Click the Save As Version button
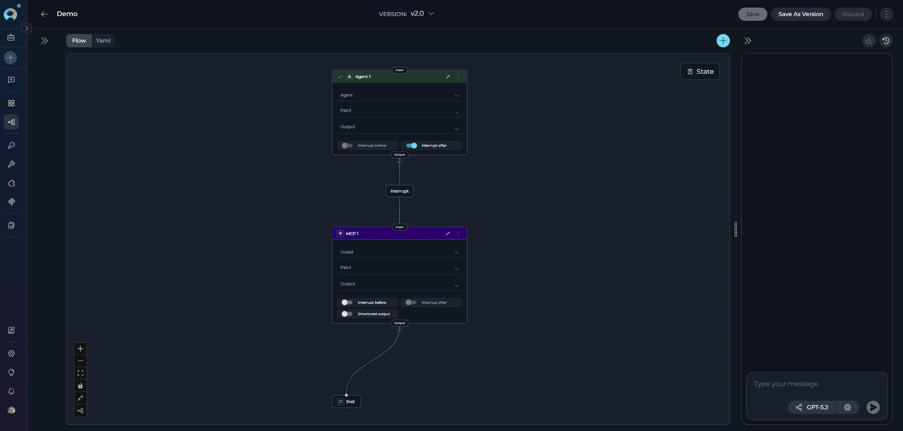(x=800, y=14)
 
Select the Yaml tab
(x=103, y=41)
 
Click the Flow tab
(x=79, y=41)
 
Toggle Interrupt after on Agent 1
(x=412, y=146)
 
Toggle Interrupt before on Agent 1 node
(x=347, y=146)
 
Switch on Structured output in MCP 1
(x=347, y=314)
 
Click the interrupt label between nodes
(x=400, y=191)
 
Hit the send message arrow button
(x=873, y=407)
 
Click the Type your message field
(x=816, y=384)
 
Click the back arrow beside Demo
(x=44, y=14)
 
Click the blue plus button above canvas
(x=723, y=41)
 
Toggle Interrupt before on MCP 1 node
(x=347, y=303)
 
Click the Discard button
(x=853, y=14)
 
